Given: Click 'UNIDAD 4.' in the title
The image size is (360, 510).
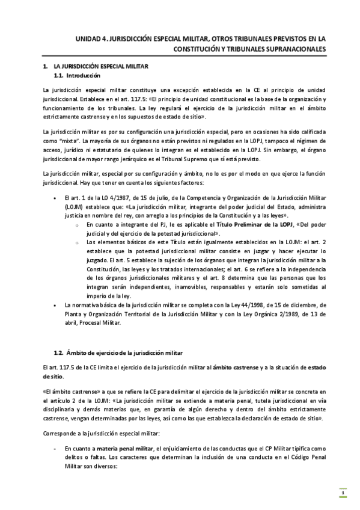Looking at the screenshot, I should click(91, 38).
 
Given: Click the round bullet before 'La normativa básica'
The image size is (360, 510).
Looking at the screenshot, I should click(56, 306).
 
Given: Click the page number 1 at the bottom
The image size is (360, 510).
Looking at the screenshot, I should click(342, 494).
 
